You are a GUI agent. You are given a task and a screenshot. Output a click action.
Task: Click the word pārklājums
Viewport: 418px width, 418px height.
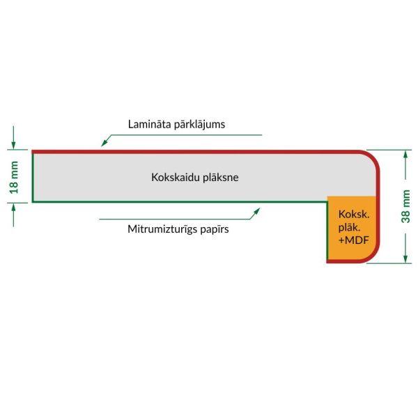(x=200, y=125)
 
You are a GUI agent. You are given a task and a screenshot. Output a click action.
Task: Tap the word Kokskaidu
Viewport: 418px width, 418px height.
(x=176, y=177)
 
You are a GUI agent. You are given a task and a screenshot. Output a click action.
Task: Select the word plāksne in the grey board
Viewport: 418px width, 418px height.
(x=221, y=178)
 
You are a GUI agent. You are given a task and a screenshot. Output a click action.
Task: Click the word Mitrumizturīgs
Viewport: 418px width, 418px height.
(x=162, y=229)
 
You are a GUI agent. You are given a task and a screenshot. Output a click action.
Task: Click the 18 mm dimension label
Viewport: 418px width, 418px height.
(x=14, y=177)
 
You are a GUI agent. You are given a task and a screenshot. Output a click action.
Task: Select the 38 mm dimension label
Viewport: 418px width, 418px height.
(x=405, y=206)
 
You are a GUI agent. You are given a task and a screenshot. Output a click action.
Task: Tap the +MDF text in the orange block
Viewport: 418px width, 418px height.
(x=353, y=240)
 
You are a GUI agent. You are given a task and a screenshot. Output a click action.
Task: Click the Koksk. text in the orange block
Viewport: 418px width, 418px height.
(x=354, y=215)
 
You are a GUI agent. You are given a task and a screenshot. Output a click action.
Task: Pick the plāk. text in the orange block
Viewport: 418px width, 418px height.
(x=349, y=228)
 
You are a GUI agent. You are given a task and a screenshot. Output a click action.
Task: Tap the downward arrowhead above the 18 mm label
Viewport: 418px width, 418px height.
(x=13, y=146)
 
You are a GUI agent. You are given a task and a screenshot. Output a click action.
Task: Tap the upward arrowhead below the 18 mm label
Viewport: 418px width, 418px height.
(x=13, y=207)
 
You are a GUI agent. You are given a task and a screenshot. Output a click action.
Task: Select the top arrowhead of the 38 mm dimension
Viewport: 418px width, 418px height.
(x=405, y=155)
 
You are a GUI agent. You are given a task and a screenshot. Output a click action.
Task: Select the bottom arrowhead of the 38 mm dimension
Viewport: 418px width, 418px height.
(x=405, y=258)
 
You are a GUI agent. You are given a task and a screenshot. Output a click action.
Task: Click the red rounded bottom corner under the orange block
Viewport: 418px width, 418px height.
(x=373, y=257)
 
